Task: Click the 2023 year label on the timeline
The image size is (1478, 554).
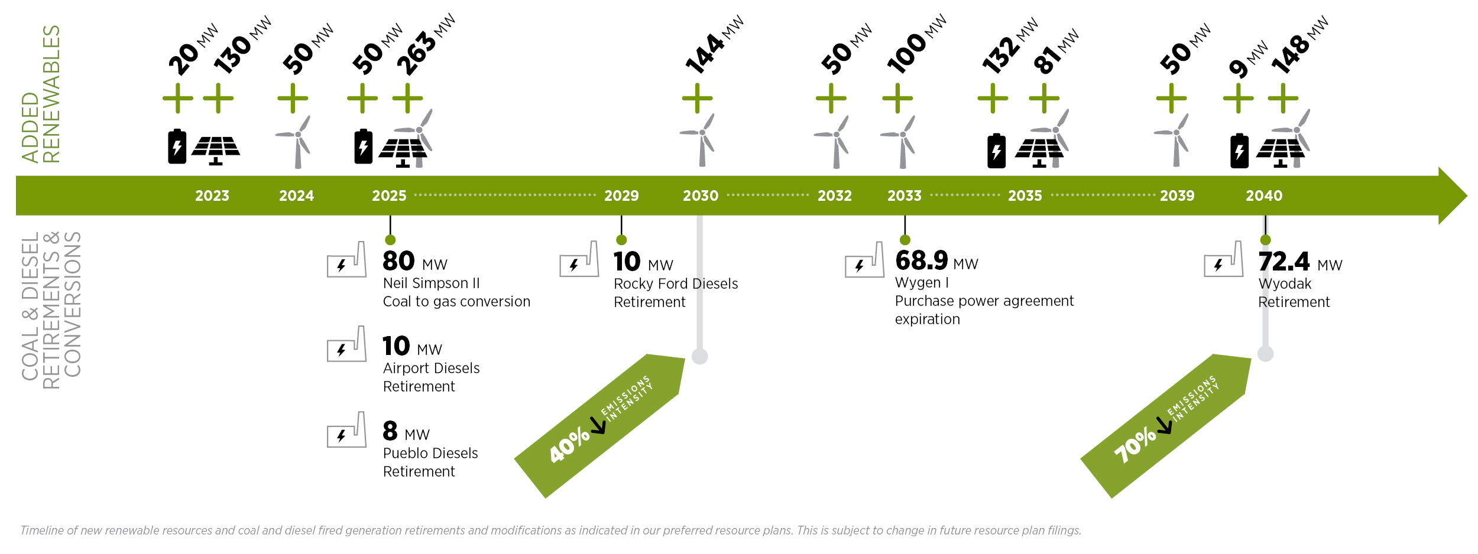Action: pyautogui.click(x=212, y=195)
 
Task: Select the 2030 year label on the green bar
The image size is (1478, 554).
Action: pyautogui.click(x=701, y=195)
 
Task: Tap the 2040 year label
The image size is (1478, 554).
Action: pyautogui.click(x=1264, y=195)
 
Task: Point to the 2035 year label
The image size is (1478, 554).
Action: pyautogui.click(x=1025, y=195)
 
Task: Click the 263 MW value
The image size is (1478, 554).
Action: pyautogui.click(x=426, y=45)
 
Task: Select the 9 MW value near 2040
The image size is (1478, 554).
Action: pyautogui.click(x=1248, y=60)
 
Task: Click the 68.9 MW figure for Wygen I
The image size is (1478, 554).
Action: pyautogui.click(x=936, y=260)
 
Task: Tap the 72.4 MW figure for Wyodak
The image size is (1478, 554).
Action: pyautogui.click(x=1300, y=262)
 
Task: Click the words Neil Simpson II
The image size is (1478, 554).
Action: pyautogui.click(x=432, y=283)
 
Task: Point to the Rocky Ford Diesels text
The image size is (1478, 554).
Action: pyautogui.click(x=676, y=284)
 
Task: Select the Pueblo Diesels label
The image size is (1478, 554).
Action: pyautogui.click(x=430, y=453)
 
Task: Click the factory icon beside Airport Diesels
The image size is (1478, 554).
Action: pyautogui.click(x=347, y=344)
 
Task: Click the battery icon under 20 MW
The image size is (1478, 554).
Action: pyautogui.click(x=177, y=146)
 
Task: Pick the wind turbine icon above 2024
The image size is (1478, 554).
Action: pyautogui.click(x=297, y=142)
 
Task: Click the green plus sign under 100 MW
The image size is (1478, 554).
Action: pyautogui.click(x=897, y=98)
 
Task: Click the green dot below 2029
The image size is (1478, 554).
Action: pyautogui.click(x=621, y=240)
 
